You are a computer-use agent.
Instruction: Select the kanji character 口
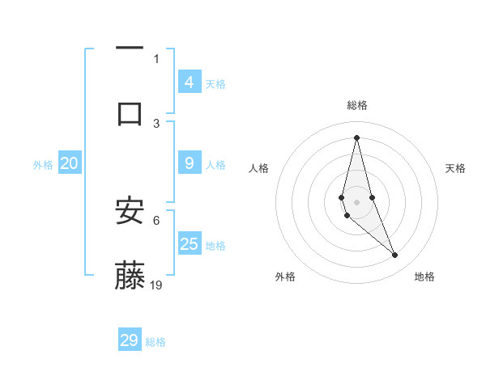tap(130, 112)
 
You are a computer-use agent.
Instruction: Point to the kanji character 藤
tap(130, 276)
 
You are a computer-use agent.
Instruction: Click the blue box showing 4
tap(190, 82)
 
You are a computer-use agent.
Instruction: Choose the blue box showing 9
tap(190, 163)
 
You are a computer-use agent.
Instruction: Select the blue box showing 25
tap(190, 243)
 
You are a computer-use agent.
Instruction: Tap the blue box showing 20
tap(69, 163)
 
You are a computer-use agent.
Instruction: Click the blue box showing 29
tap(130, 340)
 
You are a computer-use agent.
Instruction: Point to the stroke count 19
tap(156, 285)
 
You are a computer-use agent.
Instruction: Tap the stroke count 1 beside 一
tap(156, 58)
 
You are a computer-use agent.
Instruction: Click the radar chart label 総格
tap(357, 105)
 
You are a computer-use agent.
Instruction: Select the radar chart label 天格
tap(455, 168)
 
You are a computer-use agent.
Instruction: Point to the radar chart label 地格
tap(424, 277)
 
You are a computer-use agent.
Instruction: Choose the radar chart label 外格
tap(285, 277)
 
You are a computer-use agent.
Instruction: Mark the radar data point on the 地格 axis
tap(395, 255)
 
